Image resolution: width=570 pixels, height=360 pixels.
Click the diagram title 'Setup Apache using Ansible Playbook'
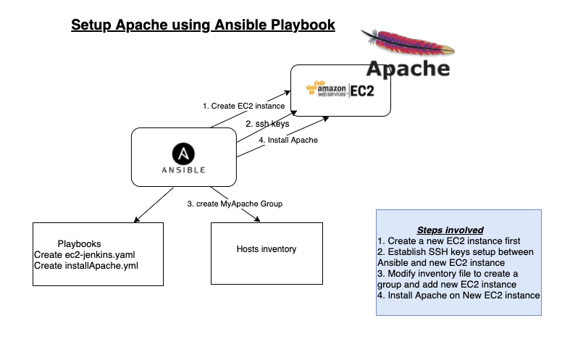pyautogui.click(x=203, y=25)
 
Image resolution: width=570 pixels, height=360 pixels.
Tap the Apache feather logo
pyautogui.click(x=407, y=43)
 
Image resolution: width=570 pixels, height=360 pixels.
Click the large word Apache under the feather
pyautogui.click(x=408, y=69)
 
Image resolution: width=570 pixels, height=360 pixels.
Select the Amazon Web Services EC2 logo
pyautogui.click(x=340, y=90)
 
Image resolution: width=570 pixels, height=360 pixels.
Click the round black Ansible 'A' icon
pyautogui.click(x=184, y=154)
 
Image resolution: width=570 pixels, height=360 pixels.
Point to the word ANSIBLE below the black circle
pyautogui.click(x=184, y=171)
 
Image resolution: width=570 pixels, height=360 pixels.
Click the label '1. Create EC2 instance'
pyautogui.click(x=243, y=106)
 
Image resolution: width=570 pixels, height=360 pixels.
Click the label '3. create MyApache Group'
pyautogui.click(x=235, y=204)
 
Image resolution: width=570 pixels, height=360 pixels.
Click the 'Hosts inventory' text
pyautogui.click(x=267, y=249)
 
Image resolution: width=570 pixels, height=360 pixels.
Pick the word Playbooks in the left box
pyautogui.click(x=80, y=244)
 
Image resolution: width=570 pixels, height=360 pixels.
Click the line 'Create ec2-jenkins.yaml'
pyautogui.click(x=84, y=255)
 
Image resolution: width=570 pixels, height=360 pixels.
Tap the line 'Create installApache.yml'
pyautogui.click(x=85, y=266)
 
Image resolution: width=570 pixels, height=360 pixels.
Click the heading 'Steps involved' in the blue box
pyautogui.click(x=450, y=230)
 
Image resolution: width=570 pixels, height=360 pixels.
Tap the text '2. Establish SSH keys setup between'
pyautogui.click(x=455, y=251)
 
